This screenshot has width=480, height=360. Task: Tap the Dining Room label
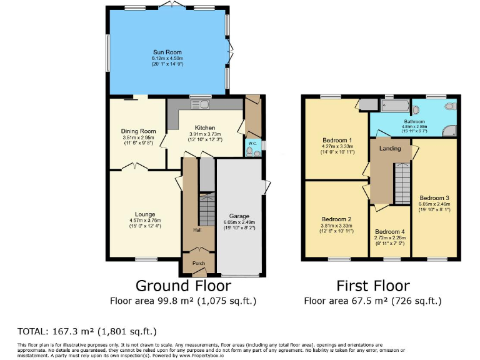(x=137, y=131)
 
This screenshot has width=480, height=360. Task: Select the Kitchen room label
(x=204, y=127)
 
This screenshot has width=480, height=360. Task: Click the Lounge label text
(x=144, y=214)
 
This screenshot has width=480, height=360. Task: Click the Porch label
(x=198, y=263)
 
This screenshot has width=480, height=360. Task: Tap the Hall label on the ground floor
(x=197, y=230)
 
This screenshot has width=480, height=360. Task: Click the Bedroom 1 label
(x=337, y=140)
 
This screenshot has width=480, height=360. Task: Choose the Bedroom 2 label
(x=337, y=219)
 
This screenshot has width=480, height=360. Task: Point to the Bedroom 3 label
(x=434, y=197)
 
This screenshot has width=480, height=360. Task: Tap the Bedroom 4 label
(x=389, y=231)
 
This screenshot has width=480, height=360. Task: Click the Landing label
(x=389, y=148)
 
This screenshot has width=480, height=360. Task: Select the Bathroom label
(x=414, y=121)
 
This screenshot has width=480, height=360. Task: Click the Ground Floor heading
(x=183, y=286)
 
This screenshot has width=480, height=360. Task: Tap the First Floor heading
(x=373, y=286)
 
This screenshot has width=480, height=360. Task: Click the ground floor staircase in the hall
(x=207, y=209)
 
